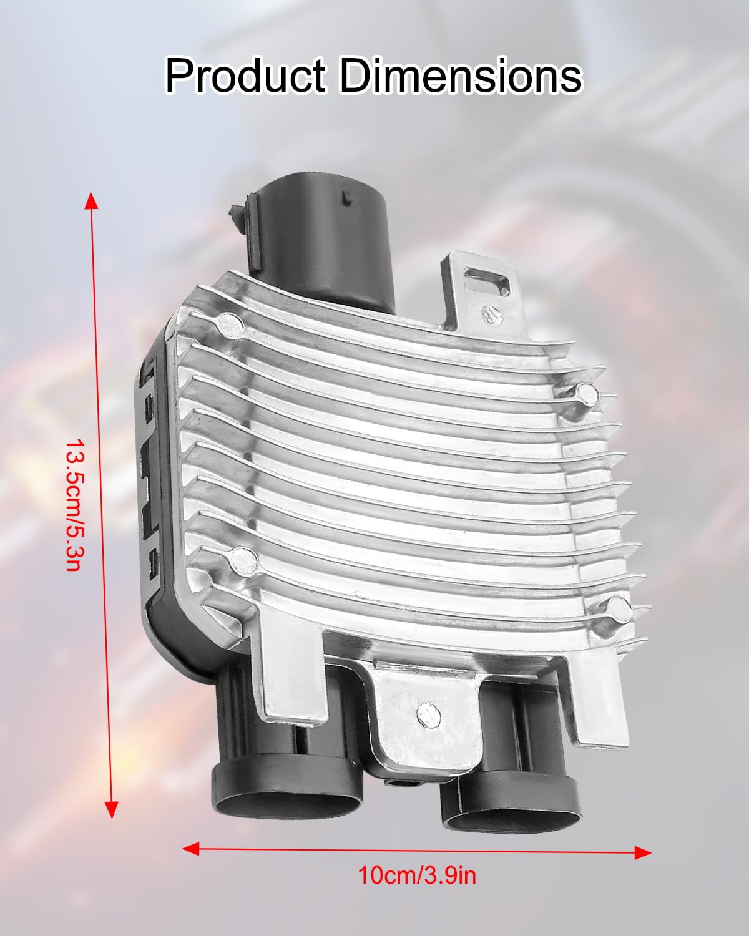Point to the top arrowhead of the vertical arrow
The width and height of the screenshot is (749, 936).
point(91,200)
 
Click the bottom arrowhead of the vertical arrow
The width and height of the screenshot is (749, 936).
point(112,809)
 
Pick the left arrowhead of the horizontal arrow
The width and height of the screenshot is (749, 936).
point(190,848)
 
